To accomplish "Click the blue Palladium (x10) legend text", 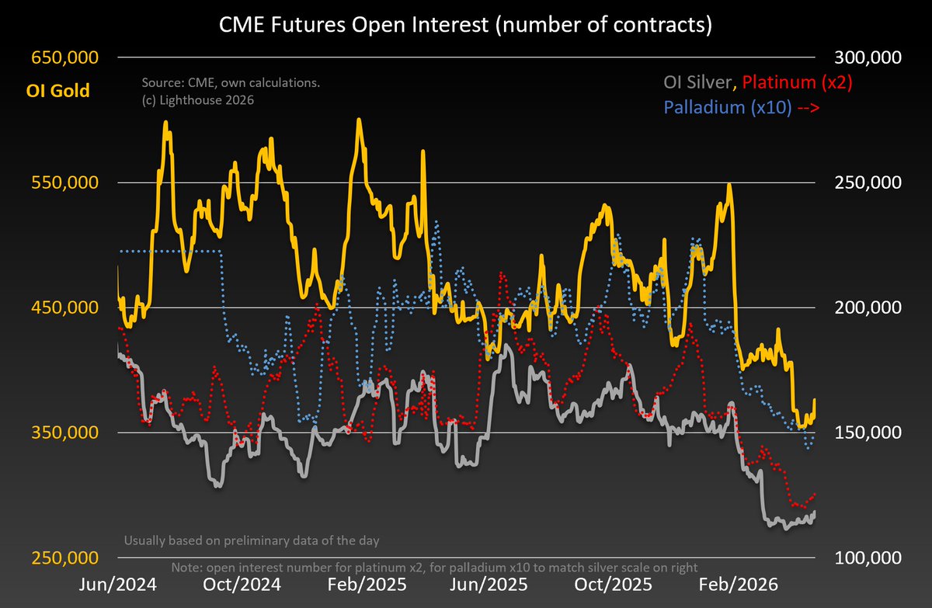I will [x=727, y=108].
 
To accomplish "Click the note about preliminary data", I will [x=252, y=540].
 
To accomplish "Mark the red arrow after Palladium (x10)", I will [x=808, y=108].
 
